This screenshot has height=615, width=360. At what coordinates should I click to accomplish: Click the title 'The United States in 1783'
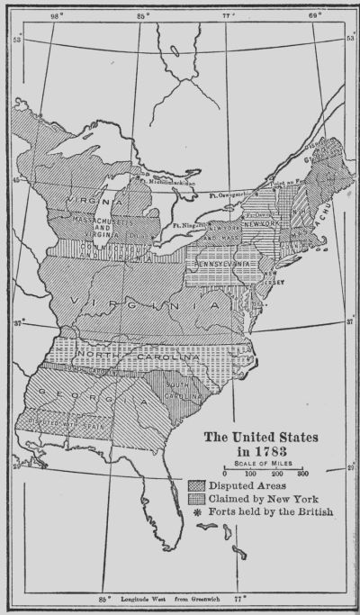(x=263, y=445)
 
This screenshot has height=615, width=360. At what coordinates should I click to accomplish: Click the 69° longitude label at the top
(x=314, y=15)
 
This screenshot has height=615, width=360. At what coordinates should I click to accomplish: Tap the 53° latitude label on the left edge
(x=12, y=40)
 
